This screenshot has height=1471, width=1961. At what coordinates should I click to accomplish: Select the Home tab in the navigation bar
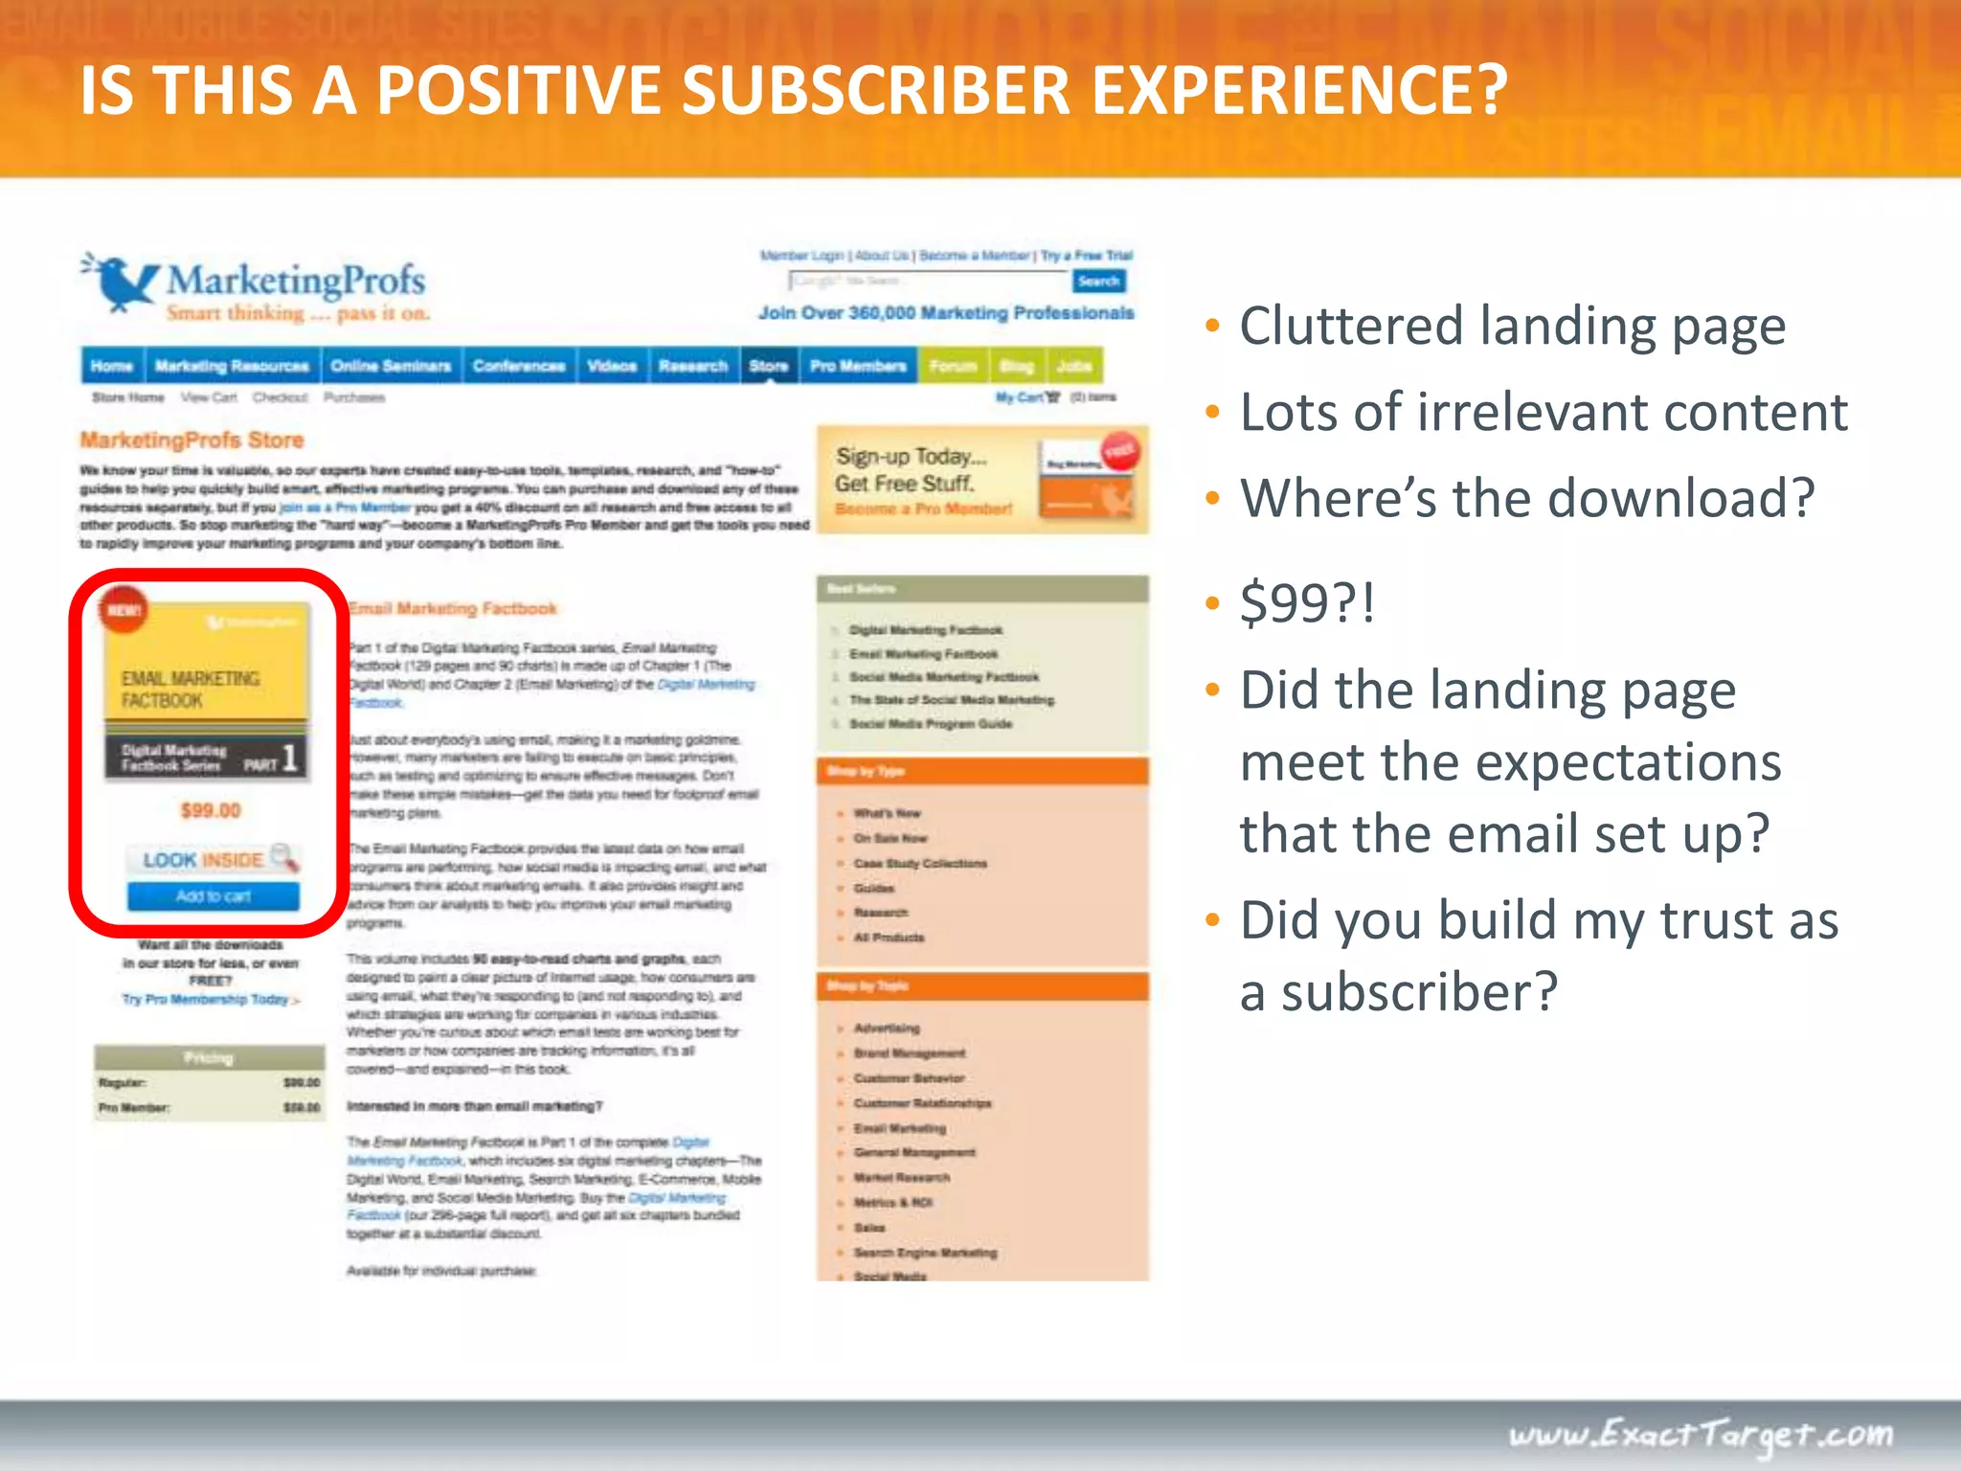tap(112, 366)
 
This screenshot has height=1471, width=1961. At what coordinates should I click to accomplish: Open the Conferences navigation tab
tap(519, 366)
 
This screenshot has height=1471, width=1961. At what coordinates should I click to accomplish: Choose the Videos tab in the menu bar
tap(612, 366)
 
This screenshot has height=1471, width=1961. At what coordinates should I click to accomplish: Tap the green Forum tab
tap(953, 366)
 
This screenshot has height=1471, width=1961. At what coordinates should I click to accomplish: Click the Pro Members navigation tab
tap(858, 366)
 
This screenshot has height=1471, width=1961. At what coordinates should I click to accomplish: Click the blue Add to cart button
tap(213, 896)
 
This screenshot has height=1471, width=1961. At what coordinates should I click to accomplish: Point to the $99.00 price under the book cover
tap(211, 811)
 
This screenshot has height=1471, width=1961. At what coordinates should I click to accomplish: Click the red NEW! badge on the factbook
tap(124, 610)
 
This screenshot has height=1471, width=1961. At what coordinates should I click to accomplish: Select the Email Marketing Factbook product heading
tap(453, 608)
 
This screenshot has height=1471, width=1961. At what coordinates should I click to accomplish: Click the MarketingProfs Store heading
tap(192, 441)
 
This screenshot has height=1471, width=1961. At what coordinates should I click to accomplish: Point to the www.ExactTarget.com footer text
tap(1701, 1434)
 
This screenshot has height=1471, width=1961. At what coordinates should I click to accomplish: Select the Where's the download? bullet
tap(1526, 498)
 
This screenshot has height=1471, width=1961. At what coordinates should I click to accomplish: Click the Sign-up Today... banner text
tap(911, 457)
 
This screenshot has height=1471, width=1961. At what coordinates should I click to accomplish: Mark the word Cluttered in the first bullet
tap(1351, 327)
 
